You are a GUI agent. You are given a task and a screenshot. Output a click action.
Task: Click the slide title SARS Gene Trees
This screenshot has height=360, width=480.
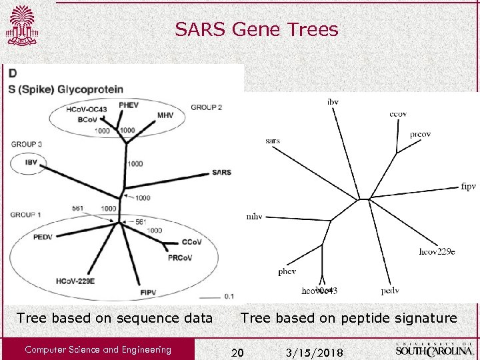click(x=257, y=29)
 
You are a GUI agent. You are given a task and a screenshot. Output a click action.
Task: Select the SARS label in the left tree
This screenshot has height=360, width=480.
click(x=221, y=172)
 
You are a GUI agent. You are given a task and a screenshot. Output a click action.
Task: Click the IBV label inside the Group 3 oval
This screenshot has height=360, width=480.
click(x=31, y=162)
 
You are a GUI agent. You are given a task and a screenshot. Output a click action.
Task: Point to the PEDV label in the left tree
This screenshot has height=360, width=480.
click(x=42, y=237)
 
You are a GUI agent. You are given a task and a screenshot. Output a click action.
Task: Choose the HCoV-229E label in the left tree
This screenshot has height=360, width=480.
click(x=75, y=281)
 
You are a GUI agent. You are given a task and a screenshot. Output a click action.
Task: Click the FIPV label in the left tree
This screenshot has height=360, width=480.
click(x=149, y=292)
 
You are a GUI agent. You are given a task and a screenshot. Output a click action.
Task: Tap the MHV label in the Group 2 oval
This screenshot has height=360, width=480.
click(x=165, y=115)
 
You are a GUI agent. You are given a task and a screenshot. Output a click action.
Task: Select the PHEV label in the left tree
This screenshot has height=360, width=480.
click(x=129, y=105)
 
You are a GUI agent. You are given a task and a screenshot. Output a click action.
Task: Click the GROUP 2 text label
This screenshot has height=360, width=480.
click(x=206, y=107)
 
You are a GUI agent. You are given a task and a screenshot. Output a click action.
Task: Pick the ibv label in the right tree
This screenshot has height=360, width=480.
click(x=333, y=101)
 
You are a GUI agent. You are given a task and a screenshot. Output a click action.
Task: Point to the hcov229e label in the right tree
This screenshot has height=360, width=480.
click(x=437, y=251)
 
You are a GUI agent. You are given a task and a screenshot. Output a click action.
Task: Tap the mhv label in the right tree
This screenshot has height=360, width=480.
click(x=254, y=217)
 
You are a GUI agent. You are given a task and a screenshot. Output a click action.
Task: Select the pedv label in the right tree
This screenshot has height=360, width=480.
click(x=390, y=291)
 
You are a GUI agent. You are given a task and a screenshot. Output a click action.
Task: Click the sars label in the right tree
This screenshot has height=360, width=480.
click(x=272, y=141)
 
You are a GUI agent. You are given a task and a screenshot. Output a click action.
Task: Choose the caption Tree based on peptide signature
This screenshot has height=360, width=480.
click(x=349, y=318)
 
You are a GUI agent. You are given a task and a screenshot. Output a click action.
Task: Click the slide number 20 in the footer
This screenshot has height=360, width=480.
click(x=237, y=351)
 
